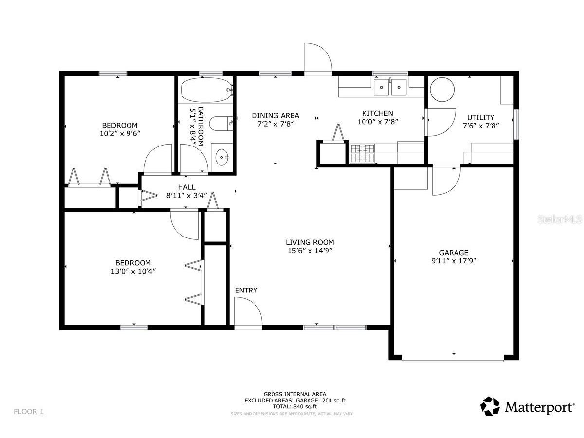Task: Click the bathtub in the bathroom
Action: [206, 90]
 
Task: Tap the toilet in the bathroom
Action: [221, 124]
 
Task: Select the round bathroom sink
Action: [223, 157]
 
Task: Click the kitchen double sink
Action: [390, 88]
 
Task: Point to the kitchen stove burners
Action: [363, 153]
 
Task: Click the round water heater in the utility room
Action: [442, 89]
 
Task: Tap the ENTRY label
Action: [246, 291]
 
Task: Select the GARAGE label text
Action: [454, 253]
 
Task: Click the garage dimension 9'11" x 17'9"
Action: [454, 260]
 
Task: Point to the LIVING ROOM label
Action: [310, 242]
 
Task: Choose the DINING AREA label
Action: [275, 116]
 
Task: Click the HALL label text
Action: [186, 187]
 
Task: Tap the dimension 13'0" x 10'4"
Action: [133, 271]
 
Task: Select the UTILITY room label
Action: [480, 117]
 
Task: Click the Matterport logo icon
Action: [490, 406]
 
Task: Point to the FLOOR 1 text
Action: [29, 411]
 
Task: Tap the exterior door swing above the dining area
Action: [317, 58]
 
